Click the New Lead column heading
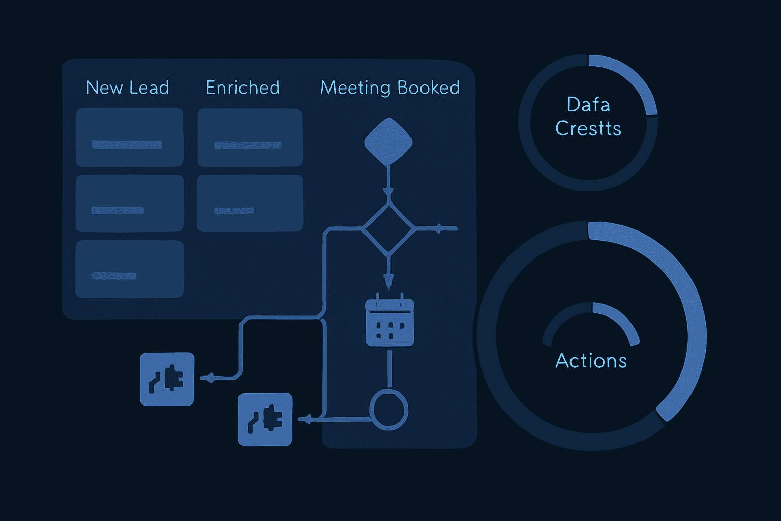coord(127,88)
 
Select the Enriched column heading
coord(243,88)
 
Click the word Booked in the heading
coord(428,88)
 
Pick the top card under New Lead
coord(129,137)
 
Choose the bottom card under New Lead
coord(129,269)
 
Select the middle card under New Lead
coord(129,203)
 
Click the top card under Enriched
coord(250,137)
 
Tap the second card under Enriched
coord(250,203)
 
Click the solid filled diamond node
coord(388,141)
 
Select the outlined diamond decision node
coord(388,229)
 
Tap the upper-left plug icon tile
coord(167,379)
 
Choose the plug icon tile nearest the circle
coord(265,420)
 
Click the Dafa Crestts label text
coord(588,116)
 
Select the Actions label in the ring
coord(591,360)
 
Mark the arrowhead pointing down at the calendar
coord(388,281)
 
